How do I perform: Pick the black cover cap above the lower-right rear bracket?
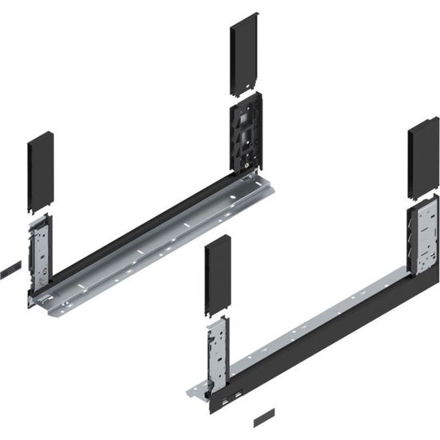[x=422, y=156]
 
